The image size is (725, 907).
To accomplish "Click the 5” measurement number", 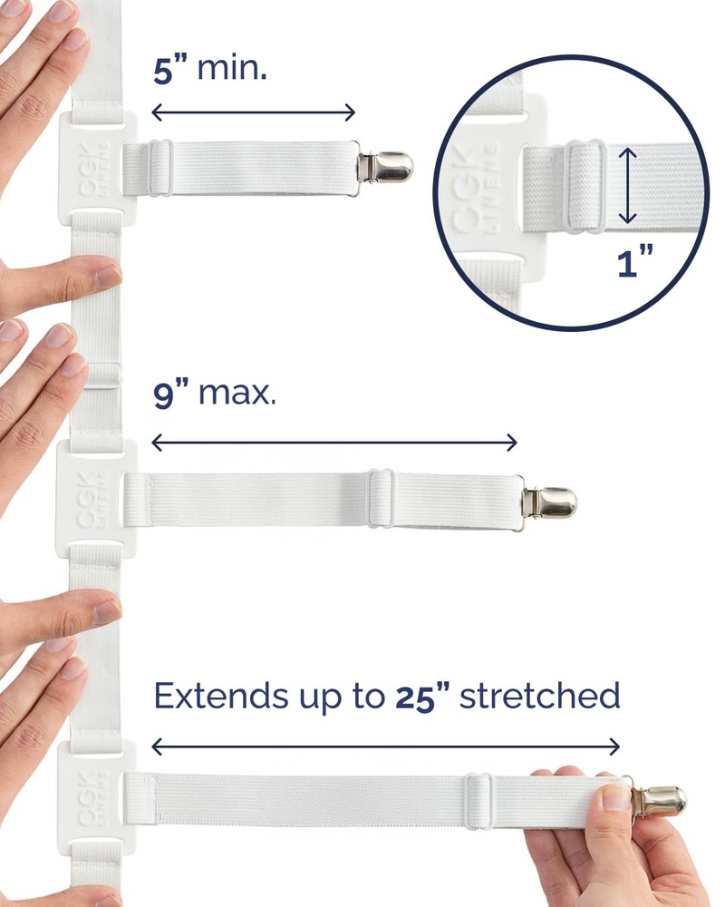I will point(170,70).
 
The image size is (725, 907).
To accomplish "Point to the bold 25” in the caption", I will point(423,697).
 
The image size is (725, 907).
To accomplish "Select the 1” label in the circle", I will point(635,264).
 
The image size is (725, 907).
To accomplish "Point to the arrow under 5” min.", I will point(254,112).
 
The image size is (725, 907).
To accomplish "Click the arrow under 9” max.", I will point(334,443).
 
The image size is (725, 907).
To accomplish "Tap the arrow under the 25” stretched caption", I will point(386,746).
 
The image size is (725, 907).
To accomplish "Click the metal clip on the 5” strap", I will point(385,166).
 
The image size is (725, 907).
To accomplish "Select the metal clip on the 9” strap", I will point(548,501).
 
